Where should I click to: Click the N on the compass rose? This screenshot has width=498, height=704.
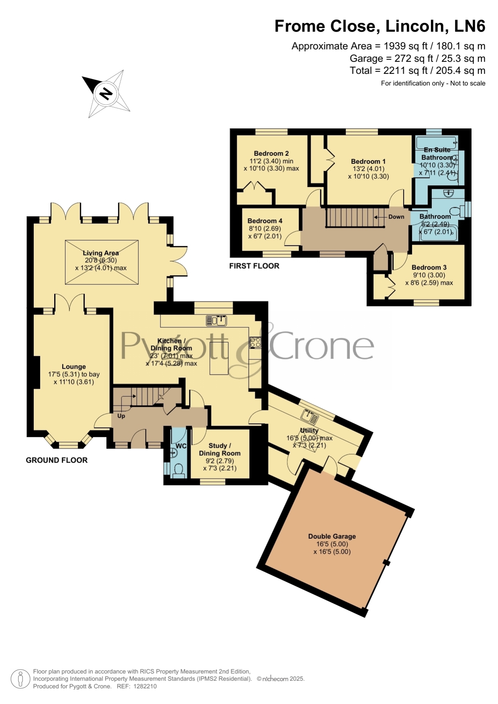pyautogui.click(x=106, y=93)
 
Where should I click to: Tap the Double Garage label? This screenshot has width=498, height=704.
pyautogui.click(x=332, y=536)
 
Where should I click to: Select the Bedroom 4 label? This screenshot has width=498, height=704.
pyautogui.click(x=265, y=221)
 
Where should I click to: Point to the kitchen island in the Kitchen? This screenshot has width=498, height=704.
pyautogui.click(x=219, y=358)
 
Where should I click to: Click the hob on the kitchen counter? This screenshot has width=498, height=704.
pyautogui.click(x=255, y=343)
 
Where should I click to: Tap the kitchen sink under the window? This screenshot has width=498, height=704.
pyautogui.click(x=217, y=321)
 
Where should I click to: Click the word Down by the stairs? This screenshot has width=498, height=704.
pyautogui.click(x=396, y=217)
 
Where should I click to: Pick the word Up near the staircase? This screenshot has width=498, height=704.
pyautogui.click(x=121, y=416)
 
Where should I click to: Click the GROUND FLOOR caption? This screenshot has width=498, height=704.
pyautogui.click(x=57, y=460)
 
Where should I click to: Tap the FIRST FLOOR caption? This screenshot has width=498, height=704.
pyautogui.click(x=254, y=266)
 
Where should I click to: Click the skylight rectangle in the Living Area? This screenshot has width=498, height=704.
pyautogui.click(x=102, y=262)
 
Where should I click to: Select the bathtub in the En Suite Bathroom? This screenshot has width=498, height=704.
pyautogui.click(x=436, y=143)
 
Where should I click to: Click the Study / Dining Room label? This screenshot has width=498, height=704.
pyautogui.click(x=220, y=449)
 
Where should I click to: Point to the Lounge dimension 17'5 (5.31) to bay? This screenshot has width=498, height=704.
pyautogui.click(x=74, y=374)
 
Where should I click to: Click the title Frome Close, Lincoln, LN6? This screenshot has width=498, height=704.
pyautogui.click(x=380, y=26)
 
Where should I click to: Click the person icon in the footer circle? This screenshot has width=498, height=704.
pyautogui.click(x=20, y=679)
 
